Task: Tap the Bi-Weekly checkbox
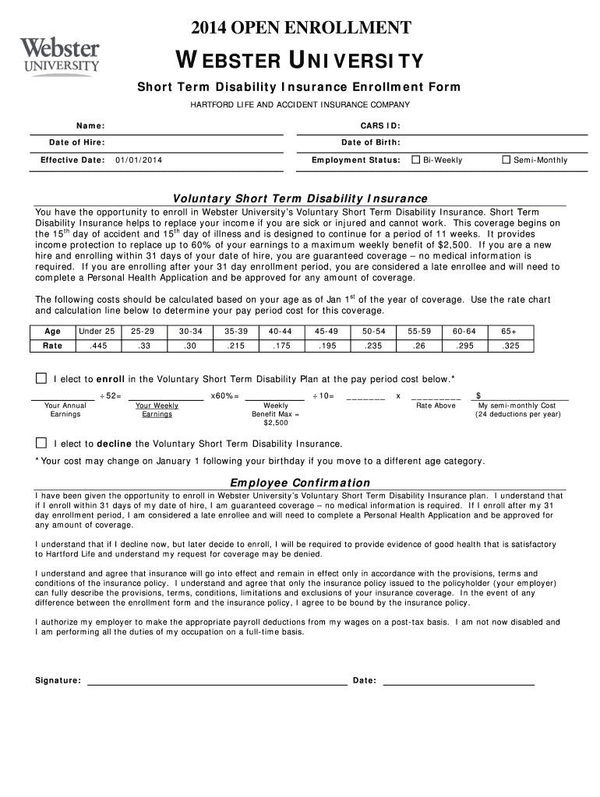tap(415, 160)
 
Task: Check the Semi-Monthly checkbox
tap(506, 160)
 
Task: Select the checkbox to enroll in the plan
tap(41, 378)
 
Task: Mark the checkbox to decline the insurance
tap(41, 443)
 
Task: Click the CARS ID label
tap(379, 126)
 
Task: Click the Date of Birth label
tap(370, 142)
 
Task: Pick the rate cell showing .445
tap(98, 346)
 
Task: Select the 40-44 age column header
tap(281, 331)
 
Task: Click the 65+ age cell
tap(509, 331)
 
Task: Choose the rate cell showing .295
tap(464, 346)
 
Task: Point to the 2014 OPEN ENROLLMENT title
tap(301, 29)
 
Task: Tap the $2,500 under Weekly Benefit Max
tap(276, 423)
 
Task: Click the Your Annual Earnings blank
tap(65, 395)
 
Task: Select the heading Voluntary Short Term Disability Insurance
tap(300, 198)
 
